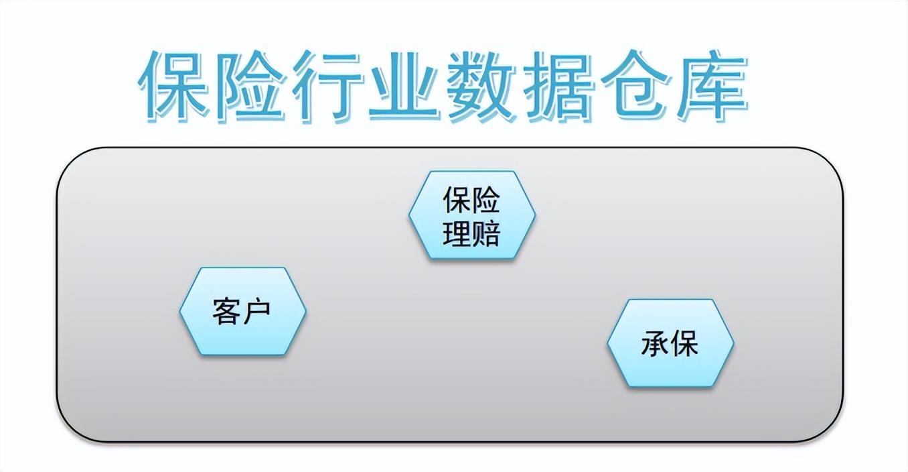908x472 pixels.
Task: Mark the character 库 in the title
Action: click(711, 86)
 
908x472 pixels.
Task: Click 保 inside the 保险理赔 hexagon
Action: click(457, 200)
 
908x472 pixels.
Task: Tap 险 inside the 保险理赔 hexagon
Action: click(486, 200)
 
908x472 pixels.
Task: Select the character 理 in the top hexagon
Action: click(457, 233)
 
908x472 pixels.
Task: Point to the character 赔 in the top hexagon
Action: click(486, 233)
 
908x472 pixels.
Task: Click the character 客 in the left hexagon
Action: click(226, 311)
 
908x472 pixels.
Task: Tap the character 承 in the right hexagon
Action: click(655, 343)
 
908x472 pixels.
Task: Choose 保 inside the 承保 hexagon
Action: click(684, 343)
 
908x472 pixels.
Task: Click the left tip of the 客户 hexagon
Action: click(180, 311)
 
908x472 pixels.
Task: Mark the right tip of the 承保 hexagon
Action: click(733, 343)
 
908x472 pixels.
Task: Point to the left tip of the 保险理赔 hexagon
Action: click(409, 215)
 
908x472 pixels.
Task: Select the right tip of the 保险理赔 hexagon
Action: click(535, 215)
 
